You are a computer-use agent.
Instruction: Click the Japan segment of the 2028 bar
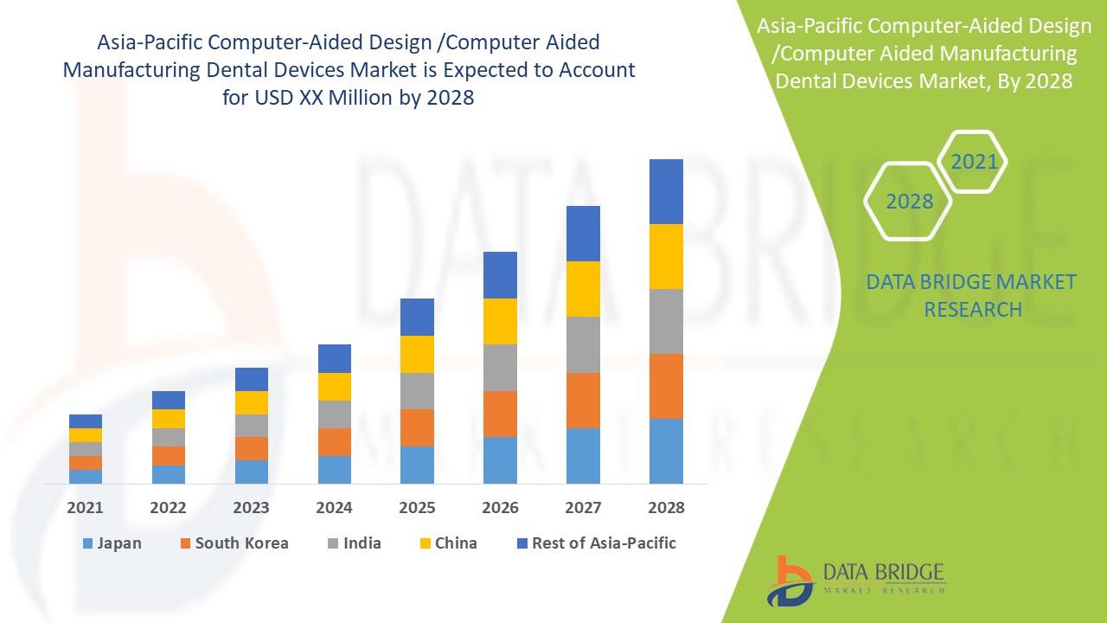click(x=666, y=451)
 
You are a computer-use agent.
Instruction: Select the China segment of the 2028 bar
click(x=666, y=256)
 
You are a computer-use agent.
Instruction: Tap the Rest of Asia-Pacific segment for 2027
click(x=583, y=234)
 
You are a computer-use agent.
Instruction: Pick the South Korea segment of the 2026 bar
click(x=500, y=414)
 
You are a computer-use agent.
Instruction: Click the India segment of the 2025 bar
click(x=417, y=391)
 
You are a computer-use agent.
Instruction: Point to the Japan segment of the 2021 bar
click(x=86, y=476)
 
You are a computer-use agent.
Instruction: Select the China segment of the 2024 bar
click(x=335, y=387)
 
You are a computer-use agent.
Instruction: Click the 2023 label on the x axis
click(x=251, y=508)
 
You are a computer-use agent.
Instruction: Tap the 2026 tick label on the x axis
click(x=500, y=508)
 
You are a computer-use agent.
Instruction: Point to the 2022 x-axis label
click(x=168, y=508)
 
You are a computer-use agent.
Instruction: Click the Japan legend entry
click(x=112, y=543)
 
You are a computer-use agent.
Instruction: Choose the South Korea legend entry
click(x=234, y=543)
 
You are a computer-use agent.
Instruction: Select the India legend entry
click(x=354, y=543)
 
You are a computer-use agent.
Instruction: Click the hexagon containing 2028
click(x=909, y=201)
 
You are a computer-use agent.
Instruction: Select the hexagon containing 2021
click(x=974, y=162)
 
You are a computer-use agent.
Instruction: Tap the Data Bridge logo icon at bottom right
click(x=790, y=580)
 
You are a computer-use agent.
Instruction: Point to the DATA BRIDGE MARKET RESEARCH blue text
click(x=972, y=295)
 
